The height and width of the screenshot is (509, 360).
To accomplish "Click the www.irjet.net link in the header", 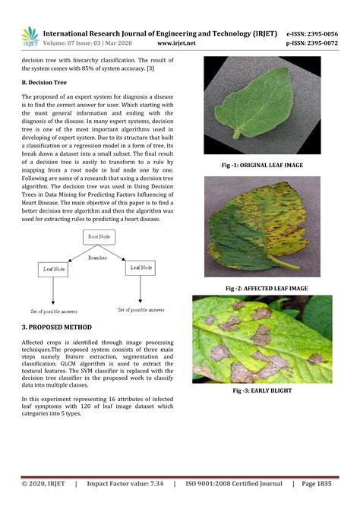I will coord(176,43).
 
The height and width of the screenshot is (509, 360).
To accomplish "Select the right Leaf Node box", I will coord(142,267).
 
